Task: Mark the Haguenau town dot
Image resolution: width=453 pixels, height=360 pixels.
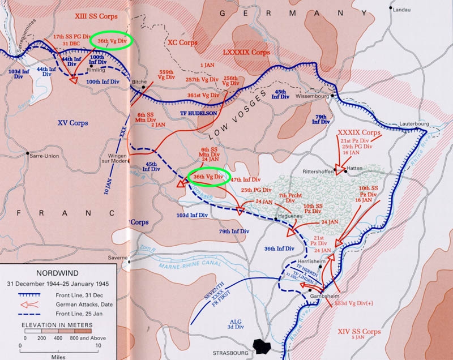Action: pyautogui.click(x=276, y=218)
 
